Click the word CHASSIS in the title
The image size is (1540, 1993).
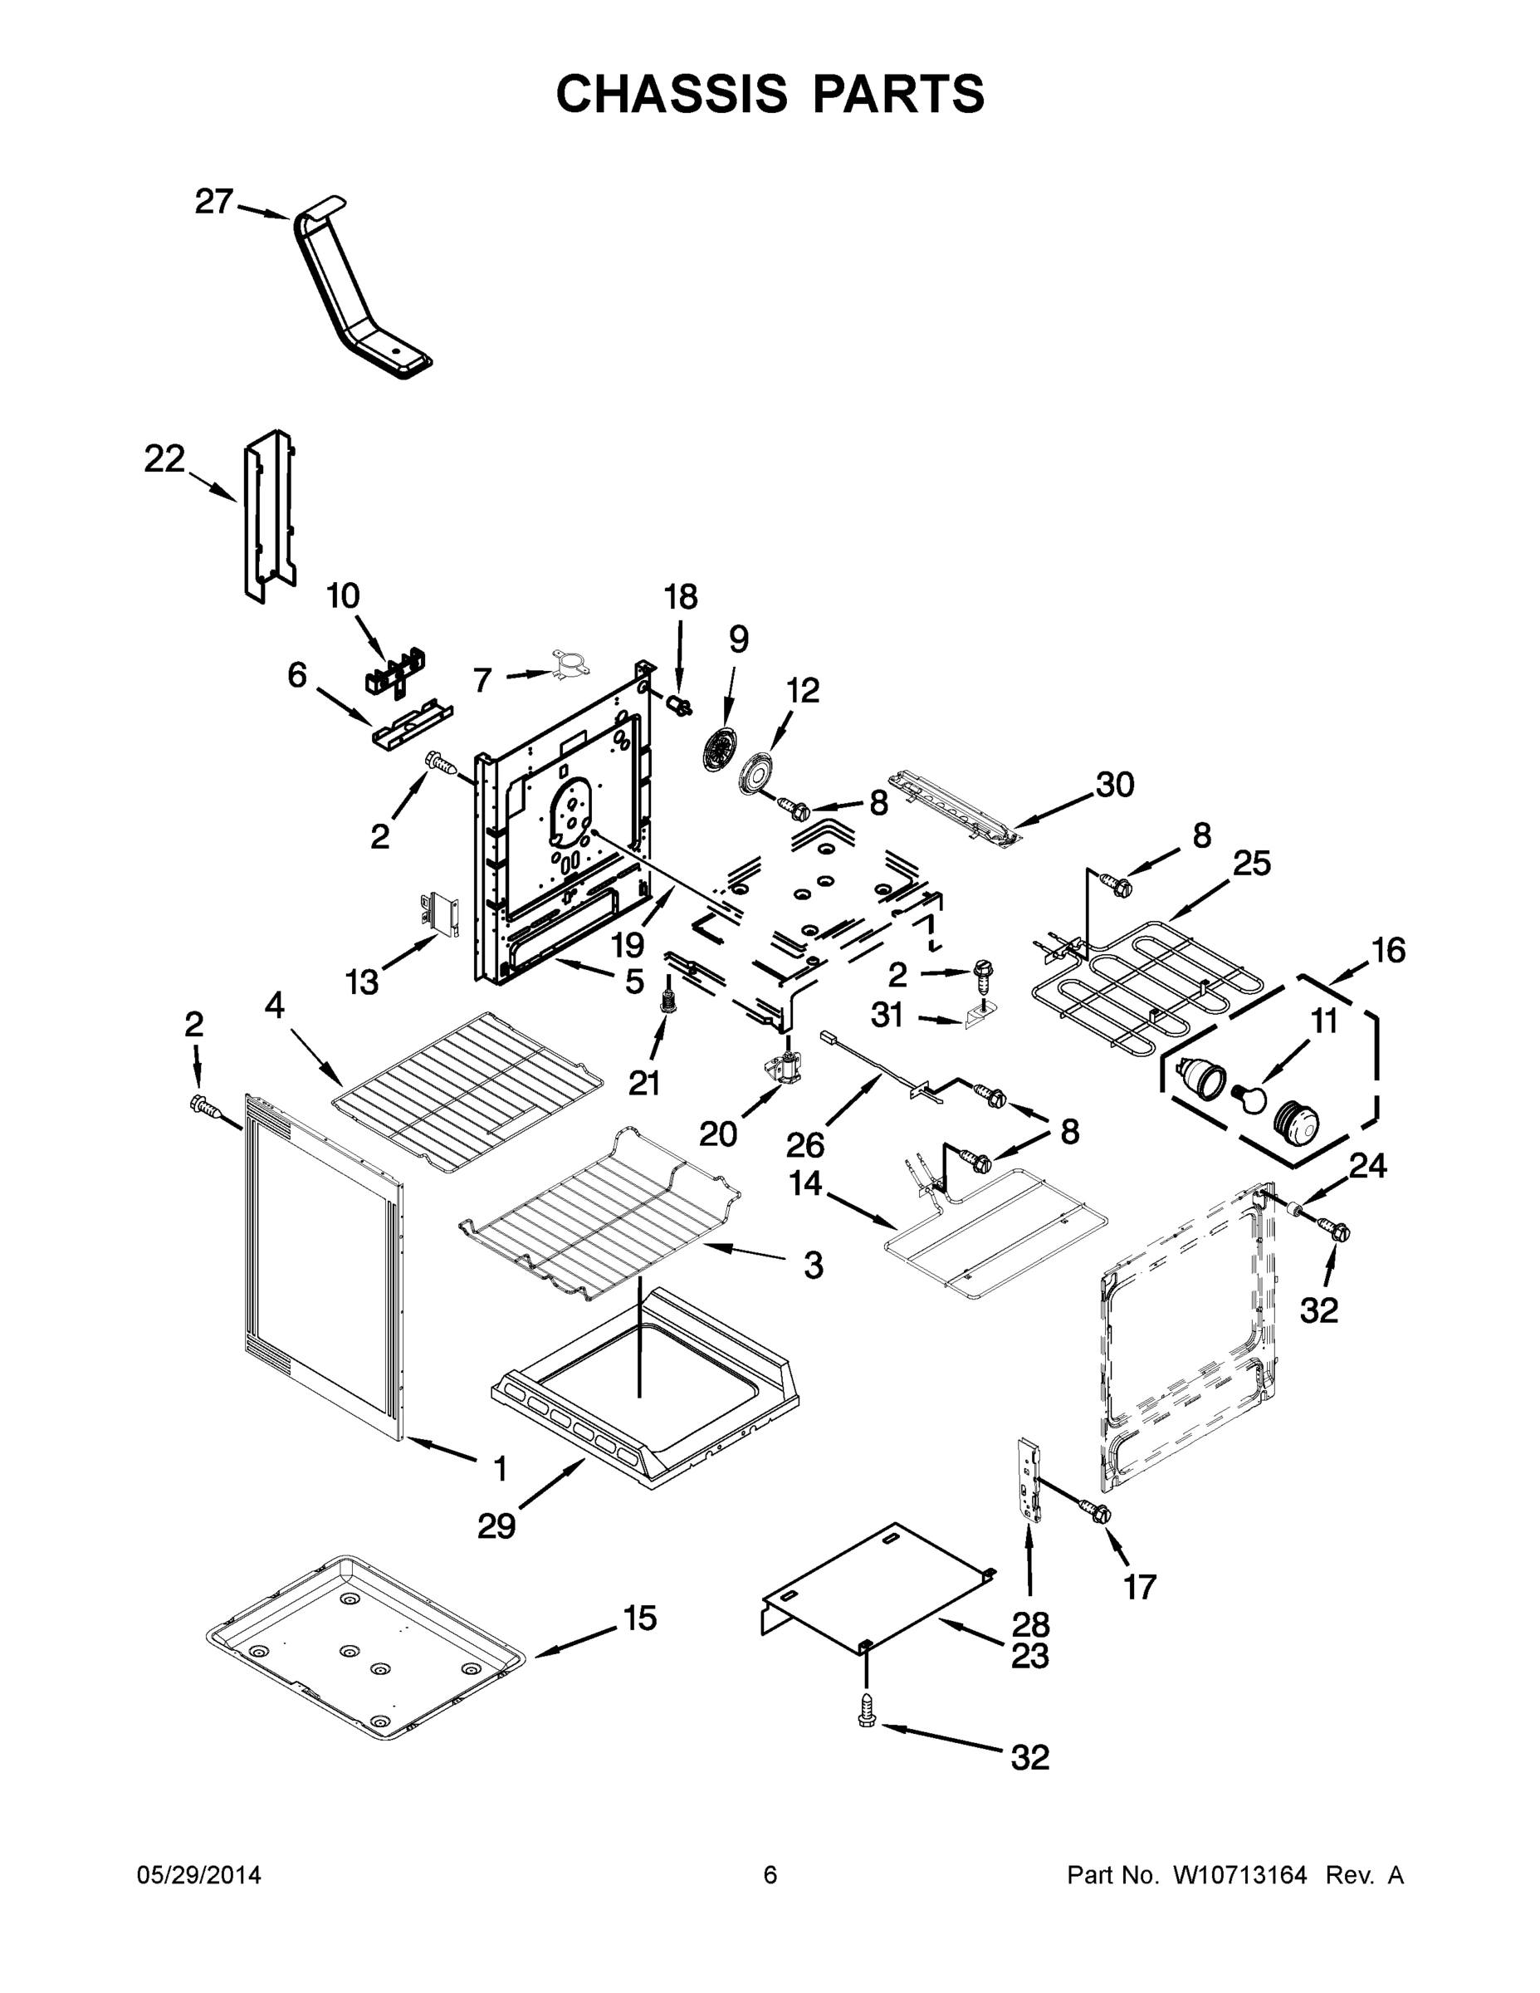pyautogui.click(x=672, y=94)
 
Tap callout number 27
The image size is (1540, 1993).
pyautogui.click(x=214, y=202)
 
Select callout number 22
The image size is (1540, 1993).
pyautogui.click(x=164, y=459)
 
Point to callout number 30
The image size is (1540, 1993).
pyautogui.click(x=1114, y=785)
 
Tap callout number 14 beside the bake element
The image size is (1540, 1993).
pyautogui.click(x=805, y=1184)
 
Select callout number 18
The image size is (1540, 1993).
pyautogui.click(x=681, y=597)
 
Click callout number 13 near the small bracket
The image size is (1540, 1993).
pyautogui.click(x=362, y=982)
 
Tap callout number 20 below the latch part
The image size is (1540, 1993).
pyautogui.click(x=718, y=1134)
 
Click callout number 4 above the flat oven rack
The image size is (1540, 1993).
pyautogui.click(x=275, y=1006)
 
